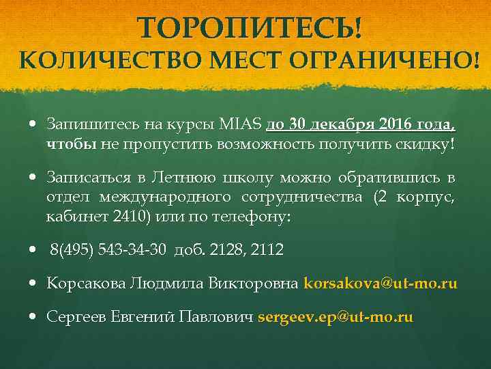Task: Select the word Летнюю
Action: tap(184, 178)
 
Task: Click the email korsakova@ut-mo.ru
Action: tap(380, 283)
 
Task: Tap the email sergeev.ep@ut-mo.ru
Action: tap(336, 317)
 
